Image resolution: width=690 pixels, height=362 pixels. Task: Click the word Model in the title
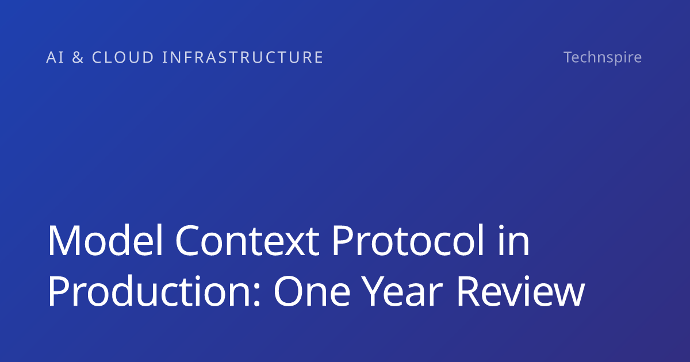[x=105, y=240]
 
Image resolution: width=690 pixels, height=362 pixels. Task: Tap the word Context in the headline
[x=247, y=240]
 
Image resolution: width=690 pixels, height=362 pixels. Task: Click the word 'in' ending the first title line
[x=514, y=240]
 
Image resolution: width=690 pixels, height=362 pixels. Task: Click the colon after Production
[x=256, y=295]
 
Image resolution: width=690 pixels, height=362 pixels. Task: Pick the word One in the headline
[x=312, y=291]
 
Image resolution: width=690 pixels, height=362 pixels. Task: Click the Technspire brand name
[x=603, y=57]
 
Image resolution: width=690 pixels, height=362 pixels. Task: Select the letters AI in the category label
[x=55, y=57]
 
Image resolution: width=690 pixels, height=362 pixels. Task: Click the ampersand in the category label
[x=78, y=57]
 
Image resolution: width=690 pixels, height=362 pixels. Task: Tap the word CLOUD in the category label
[x=123, y=57]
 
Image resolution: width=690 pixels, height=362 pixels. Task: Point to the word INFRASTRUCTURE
[x=243, y=57]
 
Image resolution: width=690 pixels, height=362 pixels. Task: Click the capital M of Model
[x=64, y=240]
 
